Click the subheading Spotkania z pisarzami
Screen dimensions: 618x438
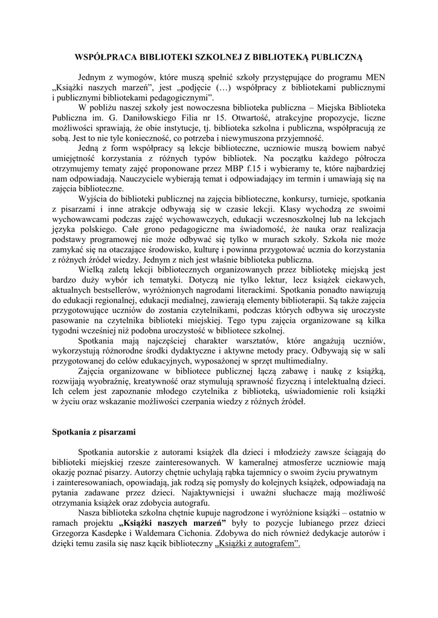(x=94, y=433)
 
